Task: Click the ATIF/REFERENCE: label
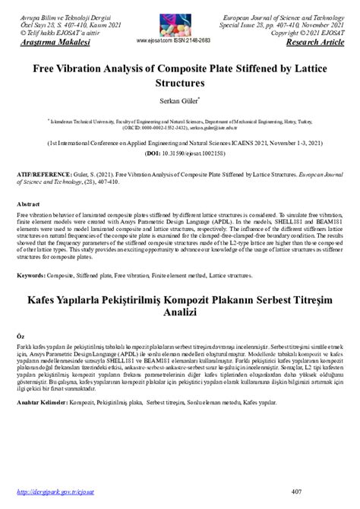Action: pyautogui.click(x=51, y=174)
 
